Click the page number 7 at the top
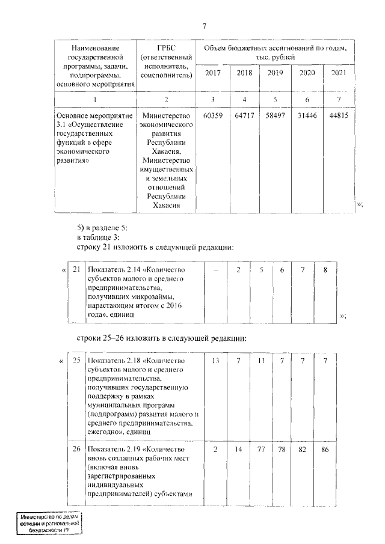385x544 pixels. (205, 25)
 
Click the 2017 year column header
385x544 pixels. (212, 73)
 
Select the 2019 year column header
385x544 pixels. (275, 73)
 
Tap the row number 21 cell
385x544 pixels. (76, 270)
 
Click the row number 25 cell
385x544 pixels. (76, 360)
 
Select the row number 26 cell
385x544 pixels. (76, 450)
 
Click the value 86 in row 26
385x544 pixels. (325, 450)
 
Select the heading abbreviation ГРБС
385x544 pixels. (165, 47)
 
